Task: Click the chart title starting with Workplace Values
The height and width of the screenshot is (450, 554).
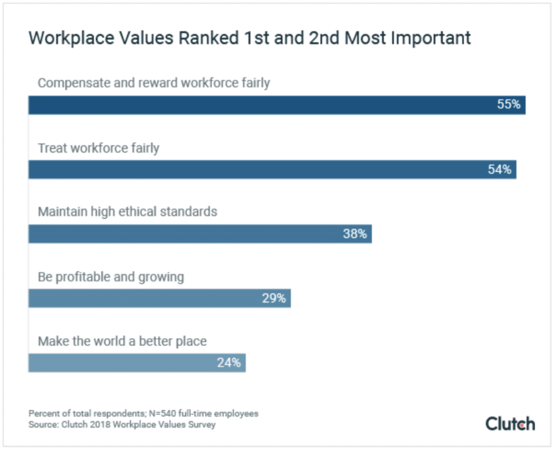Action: pos(249,38)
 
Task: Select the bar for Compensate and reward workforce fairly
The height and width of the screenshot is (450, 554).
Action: pos(277,105)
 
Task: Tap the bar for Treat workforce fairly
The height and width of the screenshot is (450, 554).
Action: pos(272,170)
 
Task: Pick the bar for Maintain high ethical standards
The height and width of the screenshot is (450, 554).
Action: pos(200,234)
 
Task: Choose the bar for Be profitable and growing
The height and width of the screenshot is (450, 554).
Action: pos(159,299)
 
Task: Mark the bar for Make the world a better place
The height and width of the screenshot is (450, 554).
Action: pos(137,363)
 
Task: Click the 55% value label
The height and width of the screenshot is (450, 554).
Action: pos(509,105)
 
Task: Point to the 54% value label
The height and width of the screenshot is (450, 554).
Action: pos(500,170)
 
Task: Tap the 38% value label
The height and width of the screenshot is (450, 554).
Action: pos(355,234)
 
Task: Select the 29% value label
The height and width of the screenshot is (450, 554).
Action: pos(274,299)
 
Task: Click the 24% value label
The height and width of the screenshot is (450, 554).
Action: pos(228,363)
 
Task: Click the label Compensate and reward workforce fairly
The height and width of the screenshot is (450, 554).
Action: pos(154,83)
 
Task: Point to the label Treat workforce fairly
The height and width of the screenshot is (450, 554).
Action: pos(98,148)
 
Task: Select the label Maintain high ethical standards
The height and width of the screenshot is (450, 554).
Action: pos(128,211)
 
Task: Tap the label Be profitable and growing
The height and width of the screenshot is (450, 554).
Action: pos(111,276)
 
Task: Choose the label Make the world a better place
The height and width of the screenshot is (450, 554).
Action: pos(122,341)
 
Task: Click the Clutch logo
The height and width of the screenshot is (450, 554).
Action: pos(510,423)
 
